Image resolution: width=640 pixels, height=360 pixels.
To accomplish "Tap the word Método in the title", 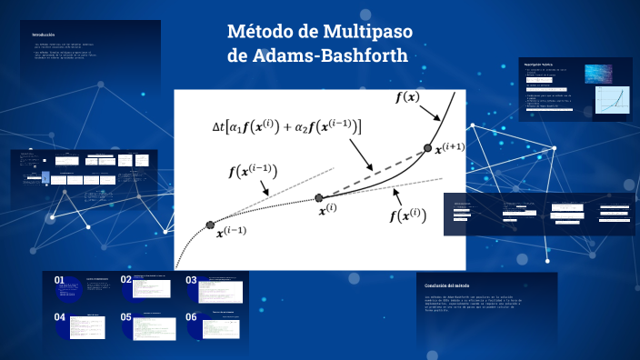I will click(x=260, y=33).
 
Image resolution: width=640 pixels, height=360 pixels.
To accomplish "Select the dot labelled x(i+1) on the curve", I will click(x=427, y=149).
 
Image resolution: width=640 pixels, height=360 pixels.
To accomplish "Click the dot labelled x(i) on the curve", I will click(x=319, y=197).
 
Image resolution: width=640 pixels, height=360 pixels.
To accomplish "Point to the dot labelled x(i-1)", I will click(x=210, y=225).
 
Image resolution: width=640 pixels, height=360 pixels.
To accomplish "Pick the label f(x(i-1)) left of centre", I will click(x=253, y=171).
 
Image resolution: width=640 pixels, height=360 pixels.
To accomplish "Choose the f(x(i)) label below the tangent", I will click(x=408, y=215).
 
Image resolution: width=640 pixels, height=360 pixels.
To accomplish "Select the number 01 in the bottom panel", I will click(x=60, y=281).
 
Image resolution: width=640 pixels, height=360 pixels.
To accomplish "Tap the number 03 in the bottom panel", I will click(x=192, y=281).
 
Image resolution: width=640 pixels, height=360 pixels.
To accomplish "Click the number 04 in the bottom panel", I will click(x=60, y=318).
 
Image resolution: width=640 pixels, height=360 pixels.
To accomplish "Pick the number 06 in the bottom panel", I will click(x=192, y=318).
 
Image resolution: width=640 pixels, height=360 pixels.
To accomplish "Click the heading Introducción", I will click(x=45, y=34).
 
